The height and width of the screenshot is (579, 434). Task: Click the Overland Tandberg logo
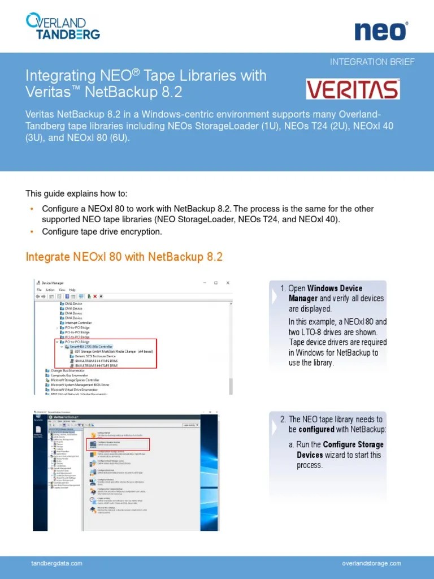click(x=63, y=27)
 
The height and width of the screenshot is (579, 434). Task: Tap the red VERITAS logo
click(x=353, y=89)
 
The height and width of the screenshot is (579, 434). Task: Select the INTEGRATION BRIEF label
click(x=372, y=62)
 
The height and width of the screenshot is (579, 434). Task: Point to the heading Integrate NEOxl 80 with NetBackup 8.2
click(x=124, y=257)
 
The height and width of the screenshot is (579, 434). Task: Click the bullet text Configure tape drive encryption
click(x=102, y=232)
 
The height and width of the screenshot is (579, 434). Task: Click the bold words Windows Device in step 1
click(x=335, y=288)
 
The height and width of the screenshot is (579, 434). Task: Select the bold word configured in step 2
click(x=316, y=430)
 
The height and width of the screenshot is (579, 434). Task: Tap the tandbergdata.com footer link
click(x=57, y=563)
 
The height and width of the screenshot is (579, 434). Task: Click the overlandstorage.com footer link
click(x=371, y=563)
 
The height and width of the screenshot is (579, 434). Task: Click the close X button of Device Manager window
click(x=228, y=283)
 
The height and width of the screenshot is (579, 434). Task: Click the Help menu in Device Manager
click(x=72, y=289)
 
